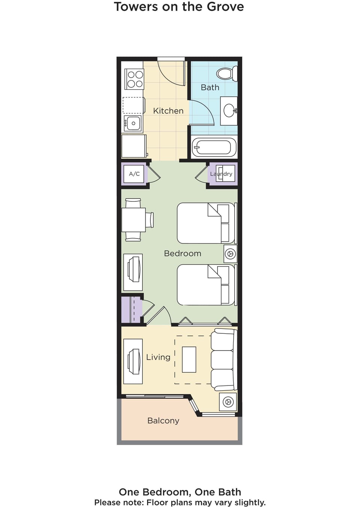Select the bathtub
[x=214, y=147]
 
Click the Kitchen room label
[x=168, y=111]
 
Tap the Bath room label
[x=210, y=87]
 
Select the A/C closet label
[x=134, y=174]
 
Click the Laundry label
[x=221, y=174]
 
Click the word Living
[x=158, y=357]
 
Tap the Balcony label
[x=163, y=421]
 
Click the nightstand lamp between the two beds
[x=231, y=254]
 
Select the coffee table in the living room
[x=189, y=359]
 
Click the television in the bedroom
[x=133, y=272]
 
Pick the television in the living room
[x=133, y=361]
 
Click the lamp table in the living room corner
[x=228, y=402]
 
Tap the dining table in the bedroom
[x=133, y=220]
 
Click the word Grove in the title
[x=226, y=7]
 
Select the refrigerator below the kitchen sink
[x=134, y=146]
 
